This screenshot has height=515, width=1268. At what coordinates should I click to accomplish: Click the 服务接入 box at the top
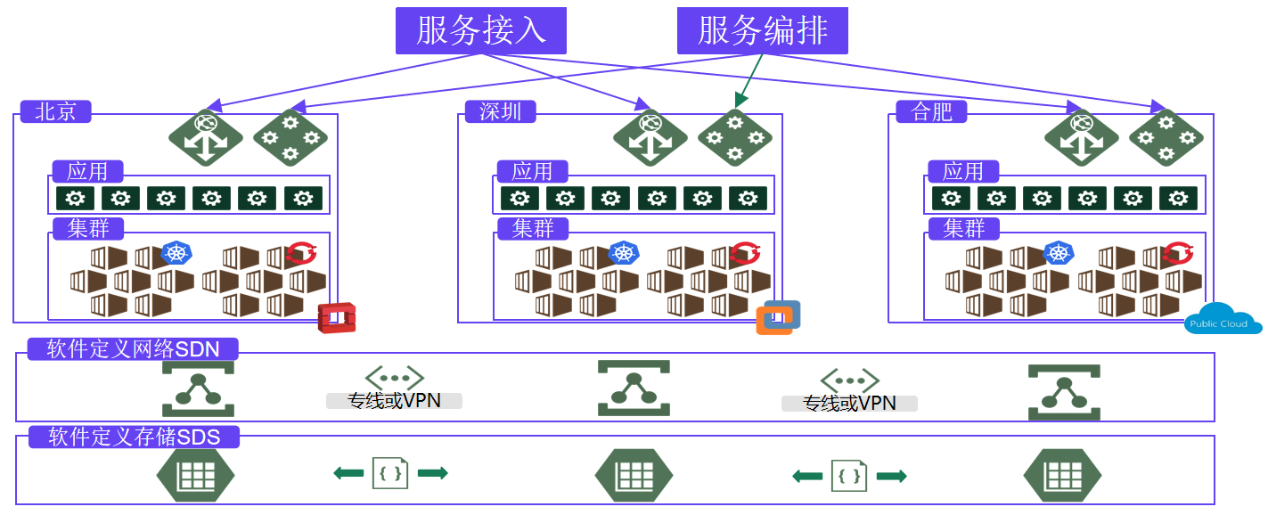pyautogui.click(x=480, y=30)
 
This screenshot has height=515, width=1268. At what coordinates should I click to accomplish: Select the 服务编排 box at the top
pyautogui.click(x=762, y=30)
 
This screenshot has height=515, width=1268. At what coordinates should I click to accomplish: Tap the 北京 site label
pyautogui.click(x=55, y=112)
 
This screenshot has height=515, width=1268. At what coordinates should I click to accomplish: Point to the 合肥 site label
pyautogui.click(x=931, y=112)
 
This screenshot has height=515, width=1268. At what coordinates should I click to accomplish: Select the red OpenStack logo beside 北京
pyautogui.click(x=337, y=317)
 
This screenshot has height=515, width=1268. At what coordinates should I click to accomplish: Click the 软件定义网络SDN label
pyautogui.click(x=134, y=349)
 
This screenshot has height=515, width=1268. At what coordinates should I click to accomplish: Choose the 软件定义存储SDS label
pyautogui.click(x=134, y=437)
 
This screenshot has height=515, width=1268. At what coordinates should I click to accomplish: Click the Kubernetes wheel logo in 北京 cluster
pyautogui.click(x=176, y=254)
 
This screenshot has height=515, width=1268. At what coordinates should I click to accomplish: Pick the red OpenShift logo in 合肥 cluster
pyautogui.click(x=1177, y=254)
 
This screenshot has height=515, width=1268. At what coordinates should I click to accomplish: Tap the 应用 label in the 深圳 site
pyautogui.click(x=531, y=171)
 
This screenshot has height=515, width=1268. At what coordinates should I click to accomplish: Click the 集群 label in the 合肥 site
pyautogui.click(x=963, y=228)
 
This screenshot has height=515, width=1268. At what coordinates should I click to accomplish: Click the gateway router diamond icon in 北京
pyautogui.click(x=205, y=136)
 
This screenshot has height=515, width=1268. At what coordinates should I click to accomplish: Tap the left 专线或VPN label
pyautogui.click(x=394, y=401)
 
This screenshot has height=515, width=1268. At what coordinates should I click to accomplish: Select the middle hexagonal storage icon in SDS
pyautogui.click(x=633, y=475)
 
